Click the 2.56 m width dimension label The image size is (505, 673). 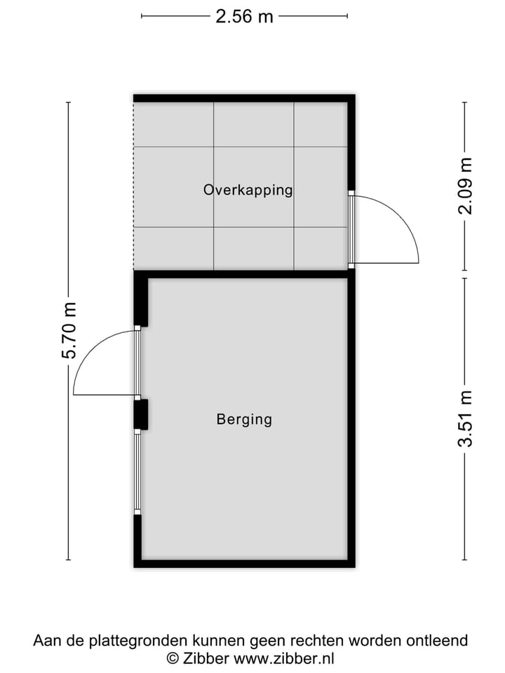244,16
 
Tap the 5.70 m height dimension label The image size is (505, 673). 69,330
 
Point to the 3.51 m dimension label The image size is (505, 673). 465,419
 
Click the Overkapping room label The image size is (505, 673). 248,189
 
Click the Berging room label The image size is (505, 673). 244,419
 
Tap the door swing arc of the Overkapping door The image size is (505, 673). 403,217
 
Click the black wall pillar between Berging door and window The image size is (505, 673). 141,414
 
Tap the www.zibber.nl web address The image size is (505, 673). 283,658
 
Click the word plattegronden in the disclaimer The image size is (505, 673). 147,640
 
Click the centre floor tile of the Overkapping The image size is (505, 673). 253,186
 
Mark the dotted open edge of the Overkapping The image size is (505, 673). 134,186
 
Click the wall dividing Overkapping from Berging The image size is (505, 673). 245,274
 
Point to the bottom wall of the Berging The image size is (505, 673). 244,563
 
